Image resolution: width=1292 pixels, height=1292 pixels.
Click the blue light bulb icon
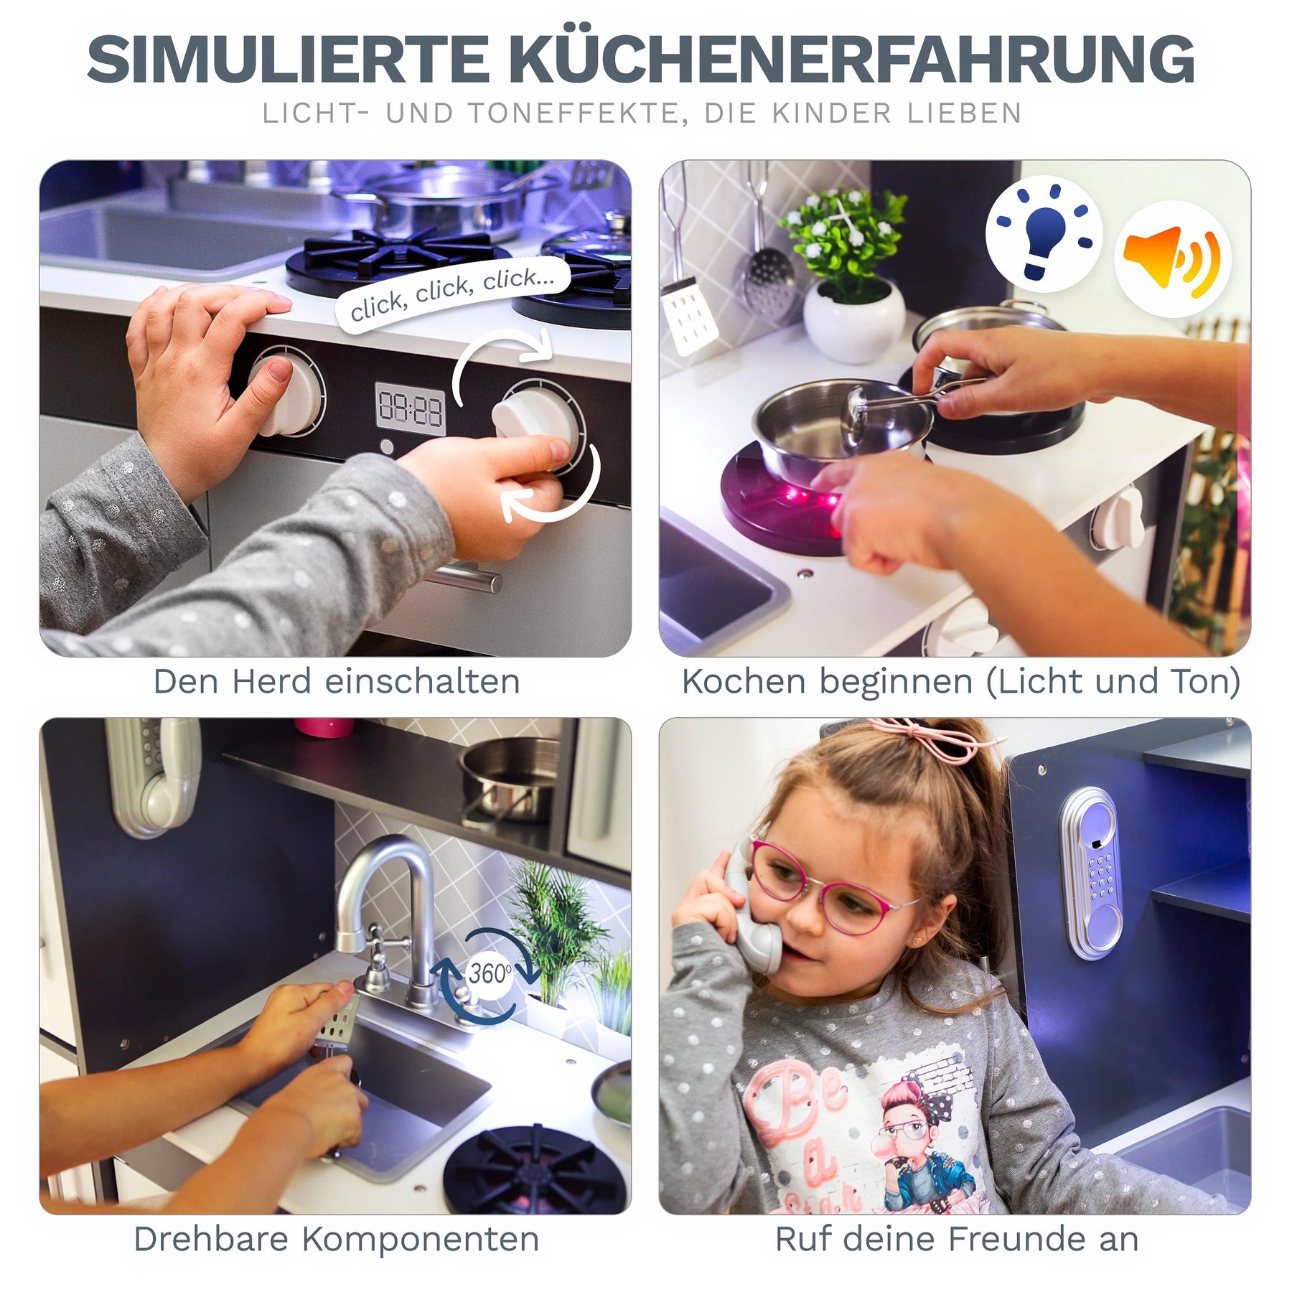1045,233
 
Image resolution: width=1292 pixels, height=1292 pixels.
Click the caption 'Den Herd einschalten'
337,682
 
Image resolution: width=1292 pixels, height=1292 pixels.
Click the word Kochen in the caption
744,682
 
